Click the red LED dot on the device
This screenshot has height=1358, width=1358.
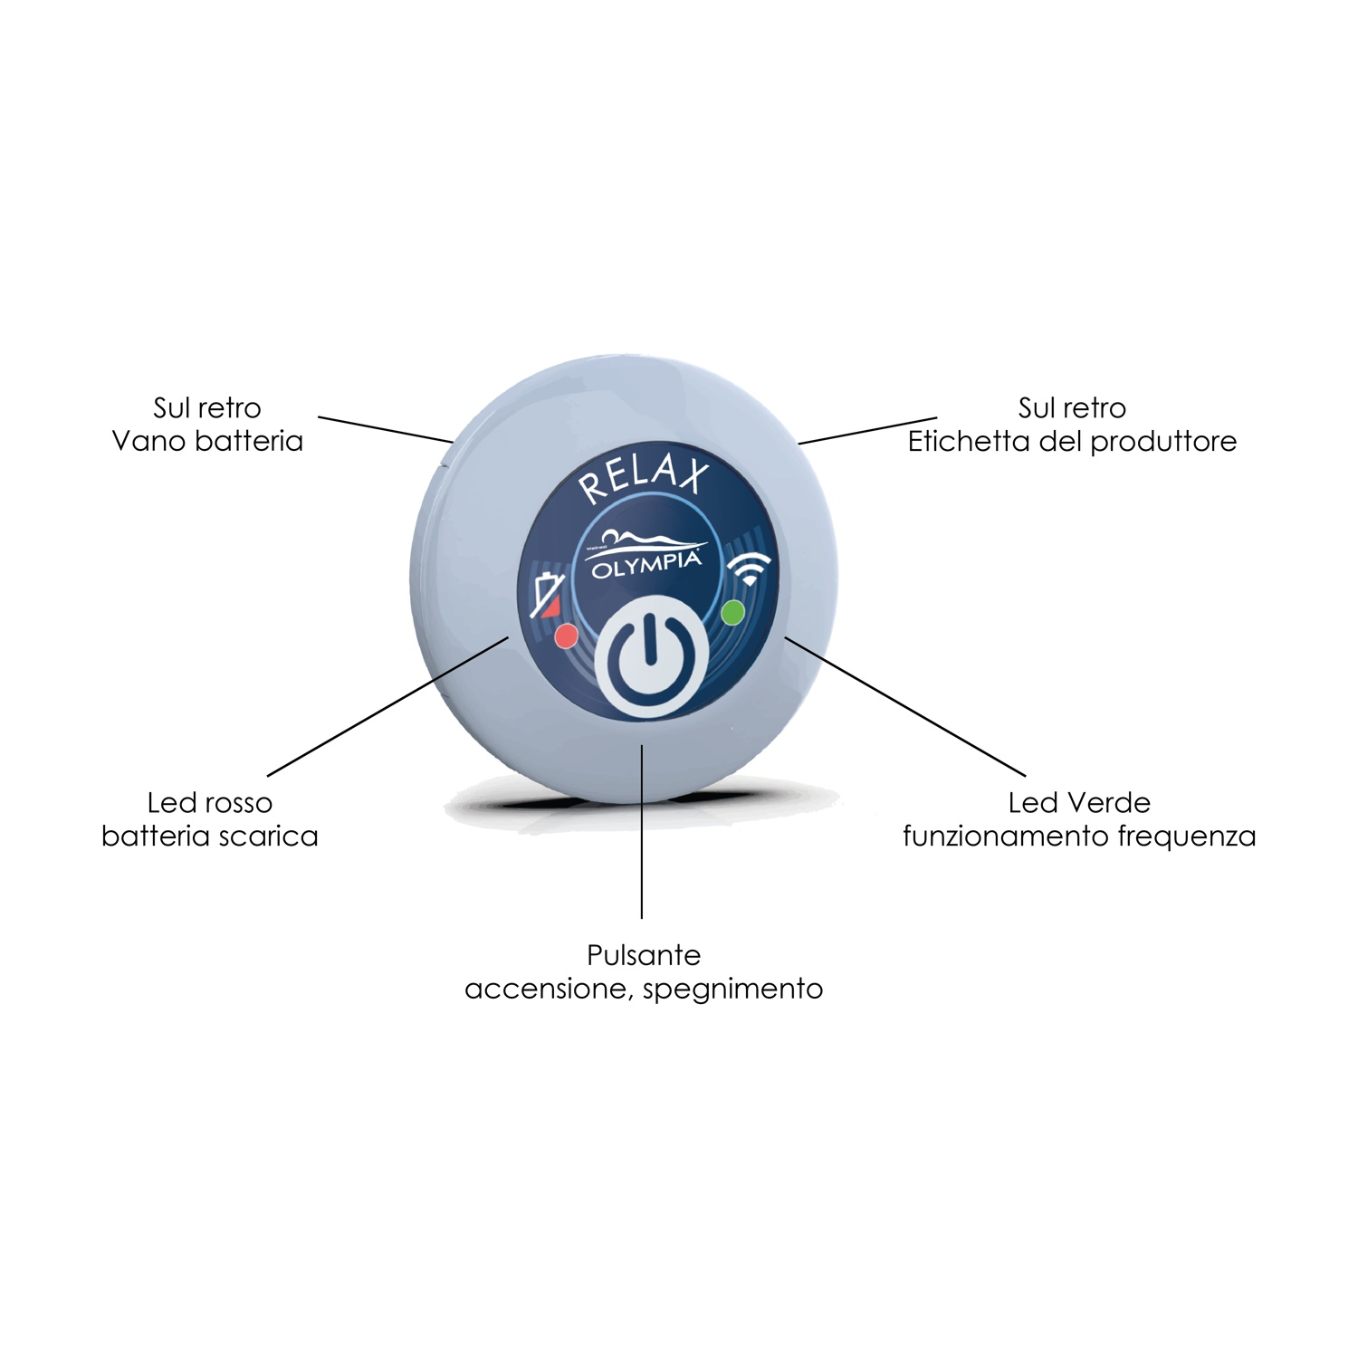(x=566, y=636)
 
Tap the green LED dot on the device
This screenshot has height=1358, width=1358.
(x=732, y=613)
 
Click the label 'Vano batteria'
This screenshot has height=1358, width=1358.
(x=207, y=441)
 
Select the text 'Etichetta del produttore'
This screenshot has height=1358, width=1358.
(x=1073, y=441)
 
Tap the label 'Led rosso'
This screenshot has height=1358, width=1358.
(x=210, y=802)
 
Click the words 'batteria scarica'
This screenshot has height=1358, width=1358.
(x=210, y=836)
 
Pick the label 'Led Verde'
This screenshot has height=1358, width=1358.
(x=1079, y=802)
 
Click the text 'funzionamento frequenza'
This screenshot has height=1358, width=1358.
(x=1079, y=836)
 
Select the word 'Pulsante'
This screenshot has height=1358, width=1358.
(x=644, y=955)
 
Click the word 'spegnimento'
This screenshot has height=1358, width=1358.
(x=732, y=990)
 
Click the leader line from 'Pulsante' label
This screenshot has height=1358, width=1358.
(x=642, y=831)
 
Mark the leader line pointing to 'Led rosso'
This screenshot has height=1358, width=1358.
(x=387, y=706)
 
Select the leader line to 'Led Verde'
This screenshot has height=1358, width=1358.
(x=905, y=706)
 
